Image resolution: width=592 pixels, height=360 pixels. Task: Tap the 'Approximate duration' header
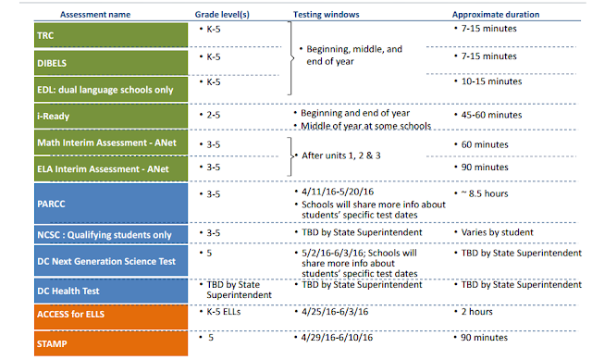pos(498,15)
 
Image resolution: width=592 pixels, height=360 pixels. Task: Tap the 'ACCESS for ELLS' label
pos(69,316)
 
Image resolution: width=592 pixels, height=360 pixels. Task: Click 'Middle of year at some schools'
pos(365,125)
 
